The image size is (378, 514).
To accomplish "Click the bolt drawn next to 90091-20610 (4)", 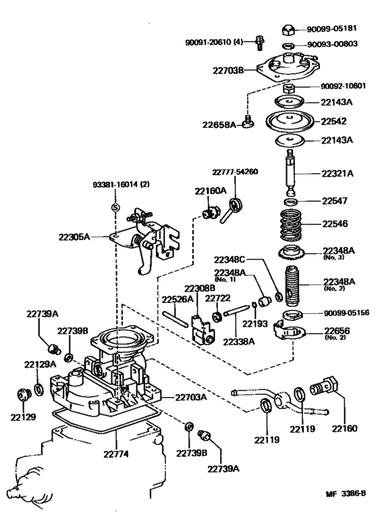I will point(259,43).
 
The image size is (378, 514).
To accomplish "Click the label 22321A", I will point(337,173).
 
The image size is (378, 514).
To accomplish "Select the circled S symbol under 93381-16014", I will point(115,207).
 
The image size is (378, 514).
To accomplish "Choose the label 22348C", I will point(232,260).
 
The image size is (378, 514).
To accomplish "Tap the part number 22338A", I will point(240,342).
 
